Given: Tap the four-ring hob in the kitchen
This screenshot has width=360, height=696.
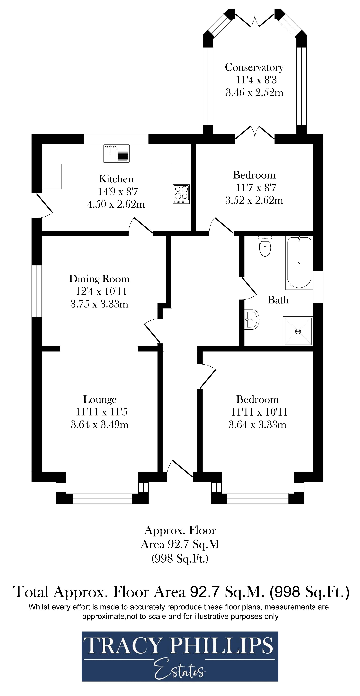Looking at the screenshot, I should [181, 194].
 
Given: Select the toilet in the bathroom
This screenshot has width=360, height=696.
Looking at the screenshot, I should [265, 246].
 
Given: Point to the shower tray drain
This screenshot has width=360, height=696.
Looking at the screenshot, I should [298, 331].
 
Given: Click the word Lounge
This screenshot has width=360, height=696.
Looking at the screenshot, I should [100, 399].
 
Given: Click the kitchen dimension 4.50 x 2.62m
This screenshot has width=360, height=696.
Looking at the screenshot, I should [116, 204].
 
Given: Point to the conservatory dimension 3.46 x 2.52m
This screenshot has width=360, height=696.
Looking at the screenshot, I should [254, 92].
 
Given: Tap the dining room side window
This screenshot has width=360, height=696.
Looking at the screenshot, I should [37, 291].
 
